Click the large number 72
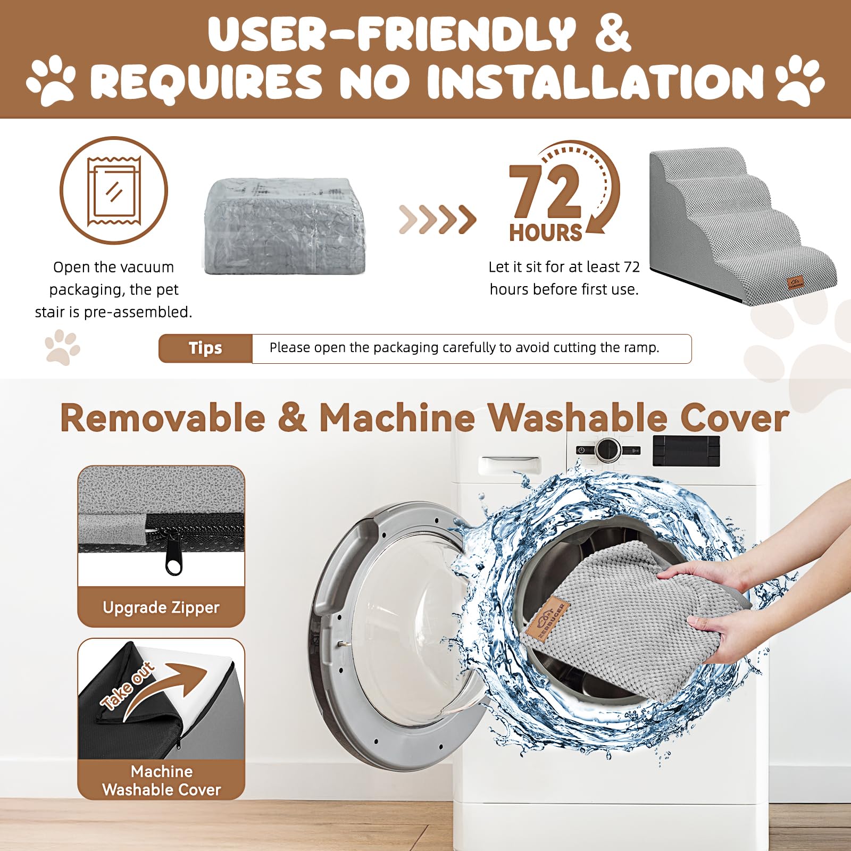pos(545,191)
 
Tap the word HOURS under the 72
pos(545,233)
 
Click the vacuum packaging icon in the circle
pos(114,190)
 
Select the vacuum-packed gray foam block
pos(285,226)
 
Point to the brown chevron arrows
pos(437,219)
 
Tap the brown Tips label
pos(205,348)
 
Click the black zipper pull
pos(173,558)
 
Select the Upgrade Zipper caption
pos(161,607)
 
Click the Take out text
pos(128,686)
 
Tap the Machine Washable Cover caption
pos(161,780)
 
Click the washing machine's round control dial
pos(607,449)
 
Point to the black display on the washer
pos(686,450)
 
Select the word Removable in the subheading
pos(163,418)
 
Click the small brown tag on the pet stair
pos(796,283)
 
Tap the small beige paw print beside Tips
pos(62,347)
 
